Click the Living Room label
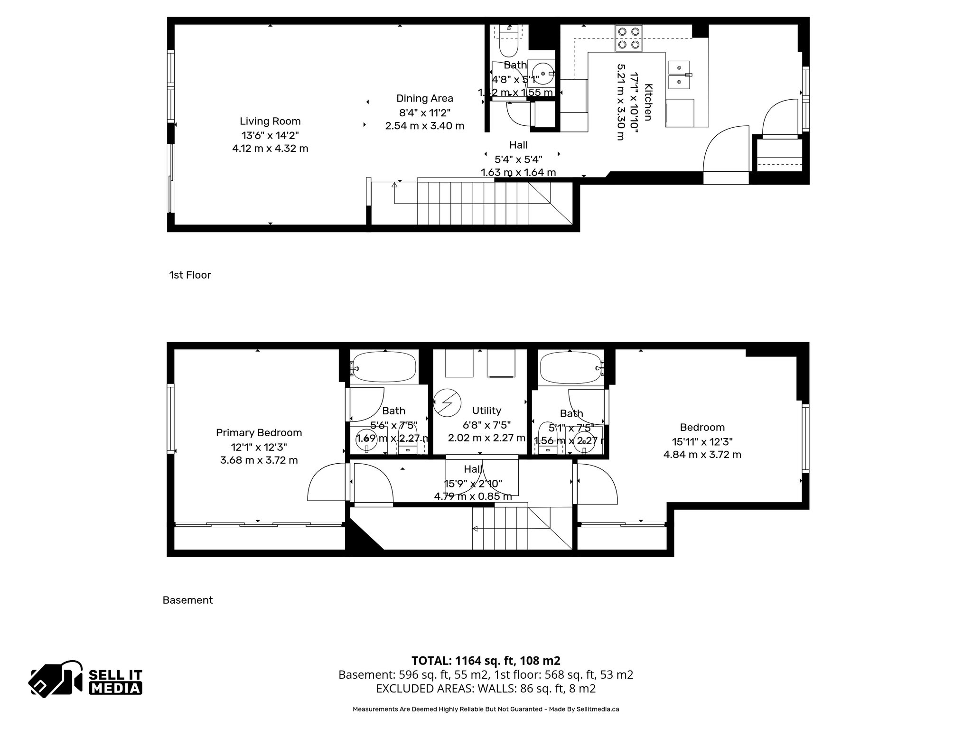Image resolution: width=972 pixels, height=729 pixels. point(270,121)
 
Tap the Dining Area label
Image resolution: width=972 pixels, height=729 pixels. point(424,98)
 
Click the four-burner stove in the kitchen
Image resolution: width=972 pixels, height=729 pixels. point(629,38)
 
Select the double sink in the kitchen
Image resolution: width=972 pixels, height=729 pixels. point(680,75)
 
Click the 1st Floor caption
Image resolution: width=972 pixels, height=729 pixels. point(190,275)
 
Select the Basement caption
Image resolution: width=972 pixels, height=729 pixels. point(187,600)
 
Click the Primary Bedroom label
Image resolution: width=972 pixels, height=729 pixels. point(259,432)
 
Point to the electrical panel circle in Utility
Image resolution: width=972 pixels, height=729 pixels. point(448,402)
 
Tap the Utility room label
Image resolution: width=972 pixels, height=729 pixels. point(486,411)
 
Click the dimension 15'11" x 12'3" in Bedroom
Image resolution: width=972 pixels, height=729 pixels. point(702,441)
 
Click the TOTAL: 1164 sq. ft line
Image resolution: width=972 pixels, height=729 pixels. point(486,661)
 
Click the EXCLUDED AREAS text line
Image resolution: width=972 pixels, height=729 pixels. point(486,689)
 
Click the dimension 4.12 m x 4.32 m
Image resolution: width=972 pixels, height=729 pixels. point(270,149)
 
